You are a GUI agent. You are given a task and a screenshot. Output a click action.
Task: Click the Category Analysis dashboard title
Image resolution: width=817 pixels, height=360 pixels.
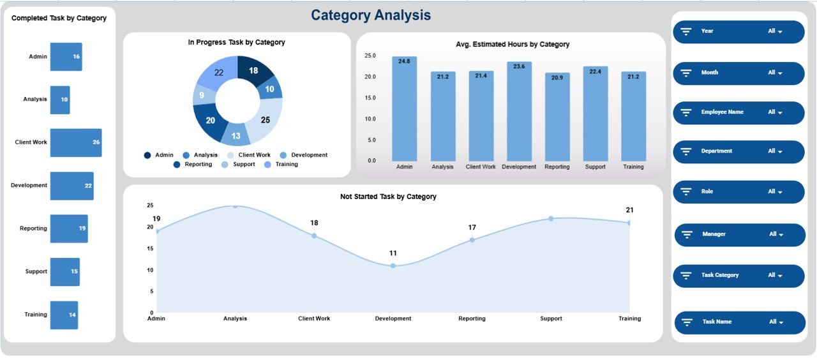(x=371, y=15)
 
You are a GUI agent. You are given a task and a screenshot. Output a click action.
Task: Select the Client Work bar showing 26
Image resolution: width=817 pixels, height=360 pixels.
(x=75, y=142)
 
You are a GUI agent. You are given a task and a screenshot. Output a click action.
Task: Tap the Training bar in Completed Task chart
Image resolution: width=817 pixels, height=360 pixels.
(x=64, y=315)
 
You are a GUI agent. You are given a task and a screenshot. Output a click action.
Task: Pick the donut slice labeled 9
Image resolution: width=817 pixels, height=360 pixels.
(x=202, y=96)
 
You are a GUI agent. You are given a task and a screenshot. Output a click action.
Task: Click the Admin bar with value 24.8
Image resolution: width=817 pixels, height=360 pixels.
(x=404, y=109)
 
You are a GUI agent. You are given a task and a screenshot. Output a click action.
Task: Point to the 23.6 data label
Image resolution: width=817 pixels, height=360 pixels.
(x=519, y=66)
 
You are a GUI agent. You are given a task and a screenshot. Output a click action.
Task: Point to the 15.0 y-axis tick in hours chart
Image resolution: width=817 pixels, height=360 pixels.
(x=370, y=98)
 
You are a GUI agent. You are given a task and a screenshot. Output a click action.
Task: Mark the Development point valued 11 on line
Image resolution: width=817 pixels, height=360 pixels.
(x=393, y=266)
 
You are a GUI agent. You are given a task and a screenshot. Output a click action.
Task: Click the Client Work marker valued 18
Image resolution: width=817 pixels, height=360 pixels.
(x=314, y=236)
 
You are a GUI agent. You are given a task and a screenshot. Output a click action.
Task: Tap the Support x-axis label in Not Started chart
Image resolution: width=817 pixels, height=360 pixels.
(x=551, y=319)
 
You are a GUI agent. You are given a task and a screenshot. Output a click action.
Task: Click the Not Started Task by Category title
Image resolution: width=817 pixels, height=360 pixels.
(x=388, y=197)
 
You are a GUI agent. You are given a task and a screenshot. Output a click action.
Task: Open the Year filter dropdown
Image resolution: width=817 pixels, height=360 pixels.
(x=738, y=31)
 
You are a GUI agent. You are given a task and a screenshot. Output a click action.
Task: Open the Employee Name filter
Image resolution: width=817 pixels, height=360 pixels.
(x=738, y=112)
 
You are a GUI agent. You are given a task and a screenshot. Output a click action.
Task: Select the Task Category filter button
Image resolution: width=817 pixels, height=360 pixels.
(x=738, y=276)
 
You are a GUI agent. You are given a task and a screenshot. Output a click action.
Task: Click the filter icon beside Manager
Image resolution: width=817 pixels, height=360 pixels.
(x=688, y=235)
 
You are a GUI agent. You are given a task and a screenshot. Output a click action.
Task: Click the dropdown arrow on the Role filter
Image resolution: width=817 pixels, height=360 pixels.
(x=779, y=192)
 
